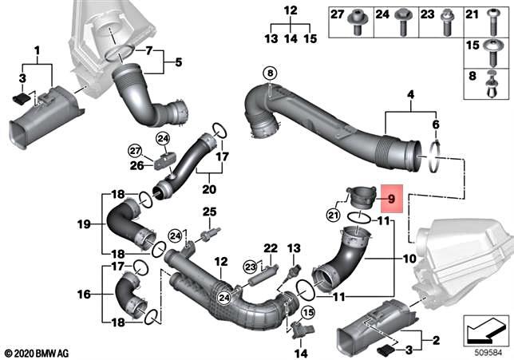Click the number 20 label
tap(210, 190)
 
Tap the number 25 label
tap(210, 211)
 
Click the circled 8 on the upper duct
tap(271, 73)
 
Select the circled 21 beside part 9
tap(334, 213)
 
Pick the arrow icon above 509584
tap(484, 327)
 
